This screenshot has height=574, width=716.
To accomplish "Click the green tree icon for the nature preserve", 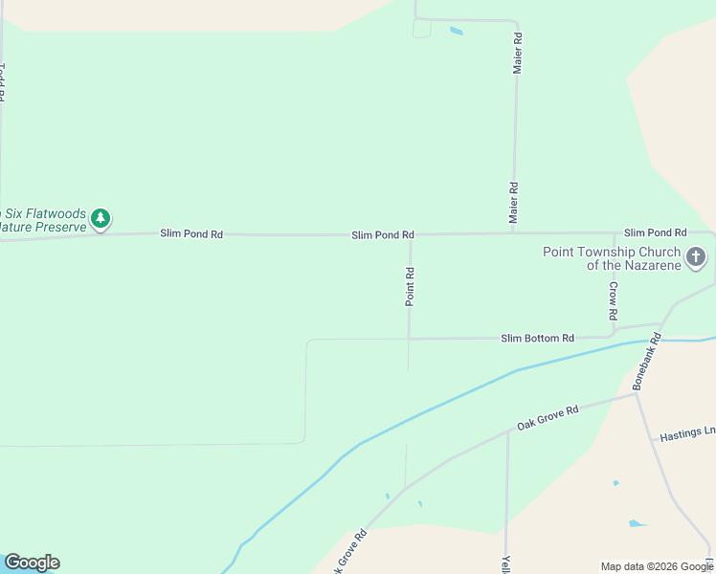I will pyautogui.click(x=101, y=219).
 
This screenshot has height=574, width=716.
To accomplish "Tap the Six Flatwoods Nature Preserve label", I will pyautogui.click(x=43, y=220).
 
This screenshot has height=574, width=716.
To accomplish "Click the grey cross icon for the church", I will pyautogui.click(x=696, y=257).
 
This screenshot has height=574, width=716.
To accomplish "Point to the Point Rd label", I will pyautogui.click(x=410, y=287).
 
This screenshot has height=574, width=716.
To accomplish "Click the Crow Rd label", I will pyautogui.click(x=614, y=300).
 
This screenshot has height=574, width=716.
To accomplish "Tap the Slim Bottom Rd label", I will pyautogui.click(x=537, y=339).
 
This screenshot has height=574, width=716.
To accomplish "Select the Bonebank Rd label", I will pyautogui.click(x=648, y=361).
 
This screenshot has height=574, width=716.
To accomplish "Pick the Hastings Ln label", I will pyautogui.click(x=687, y=435).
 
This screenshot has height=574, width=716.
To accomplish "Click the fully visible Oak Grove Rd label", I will pyautogui.click(x=548, y=418).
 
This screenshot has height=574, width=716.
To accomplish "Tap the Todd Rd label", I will pyautogui.click(x=3, y=82).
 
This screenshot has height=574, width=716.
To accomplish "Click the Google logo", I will pyautogui.click(x=32, y=563).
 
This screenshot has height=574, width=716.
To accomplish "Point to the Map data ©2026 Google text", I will pyautogui.click(x=657, y=566).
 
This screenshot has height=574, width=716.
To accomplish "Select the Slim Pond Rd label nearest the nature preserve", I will pyautogui.click(x=191, y=233).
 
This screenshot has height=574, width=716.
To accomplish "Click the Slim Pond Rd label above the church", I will pyautogui.click(x=655, y=232).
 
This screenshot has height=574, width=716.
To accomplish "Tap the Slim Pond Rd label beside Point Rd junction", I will pyautogui.click(x=382, y=234).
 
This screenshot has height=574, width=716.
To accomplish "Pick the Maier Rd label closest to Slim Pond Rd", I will pyautogui.click(x=514, y=204).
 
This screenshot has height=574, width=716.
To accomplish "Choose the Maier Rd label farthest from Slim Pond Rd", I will pyautogui.click(x=517, y=54).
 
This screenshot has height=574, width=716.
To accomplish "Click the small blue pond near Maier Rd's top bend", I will pyautogui.click(x=456, y=31).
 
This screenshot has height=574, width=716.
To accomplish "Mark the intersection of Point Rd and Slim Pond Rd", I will pyautogui.click(x=411, y=234).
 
